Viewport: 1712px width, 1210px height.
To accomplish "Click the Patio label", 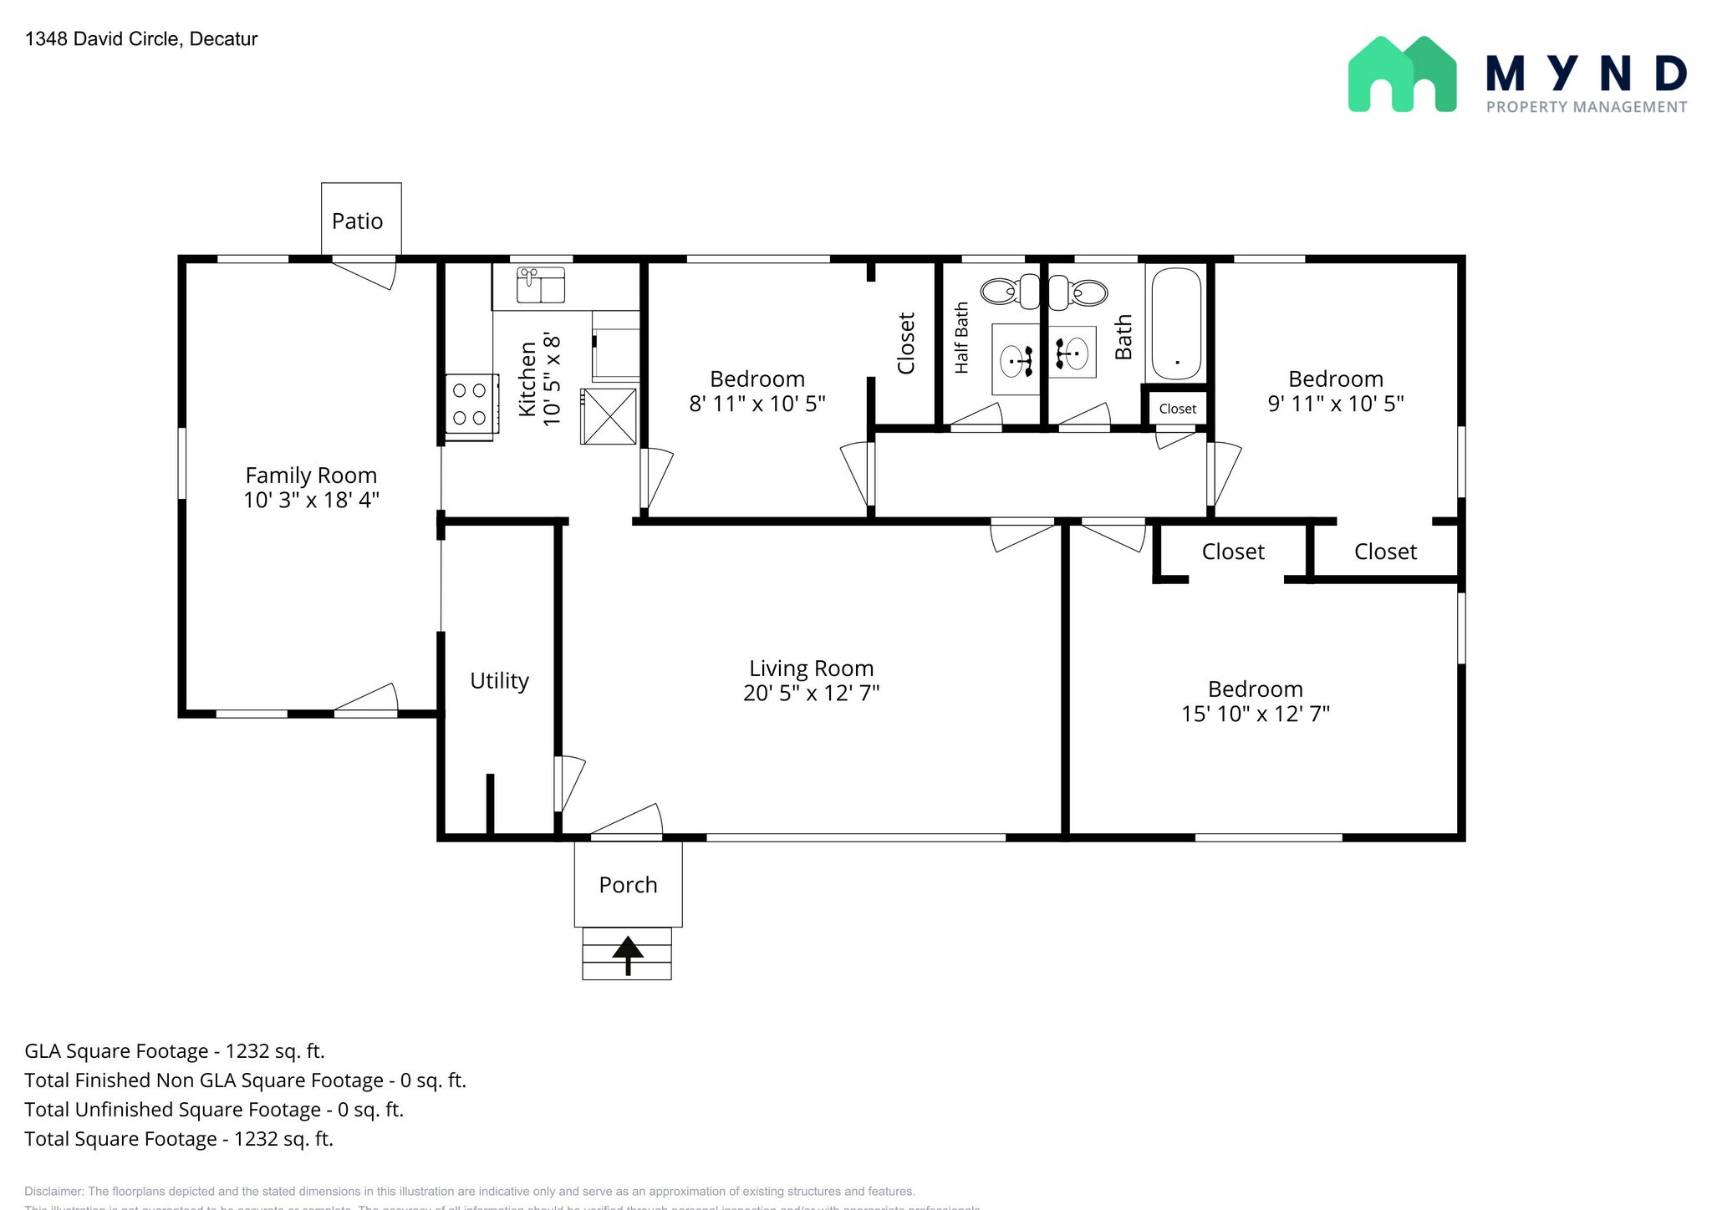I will point(357,221).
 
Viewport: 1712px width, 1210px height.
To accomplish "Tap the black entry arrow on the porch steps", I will point(628,953).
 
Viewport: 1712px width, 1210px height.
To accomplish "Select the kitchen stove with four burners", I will point(469,404).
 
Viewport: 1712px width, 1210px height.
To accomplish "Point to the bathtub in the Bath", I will point(1176,324).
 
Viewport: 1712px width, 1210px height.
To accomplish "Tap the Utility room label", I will point(499,681).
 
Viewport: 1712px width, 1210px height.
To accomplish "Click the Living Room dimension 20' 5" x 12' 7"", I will point(811,693).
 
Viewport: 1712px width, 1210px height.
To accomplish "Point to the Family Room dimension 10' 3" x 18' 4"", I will point(311,500).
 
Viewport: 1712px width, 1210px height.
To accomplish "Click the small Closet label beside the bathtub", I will point(1177,409).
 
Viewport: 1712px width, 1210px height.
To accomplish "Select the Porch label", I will point(628,885).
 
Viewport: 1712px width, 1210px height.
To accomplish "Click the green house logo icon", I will point(1402,74).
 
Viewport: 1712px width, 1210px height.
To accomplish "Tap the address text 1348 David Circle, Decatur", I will point(141,39).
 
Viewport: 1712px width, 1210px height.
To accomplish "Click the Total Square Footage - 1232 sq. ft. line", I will point(179,1139).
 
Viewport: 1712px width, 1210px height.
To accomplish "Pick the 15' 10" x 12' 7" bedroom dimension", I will point(1255,714).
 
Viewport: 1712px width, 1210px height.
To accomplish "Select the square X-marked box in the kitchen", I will point(609,416).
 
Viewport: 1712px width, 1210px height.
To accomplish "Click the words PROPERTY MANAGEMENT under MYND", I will point(1586,107).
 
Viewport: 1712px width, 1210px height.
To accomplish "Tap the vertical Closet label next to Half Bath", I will point(906,343).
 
